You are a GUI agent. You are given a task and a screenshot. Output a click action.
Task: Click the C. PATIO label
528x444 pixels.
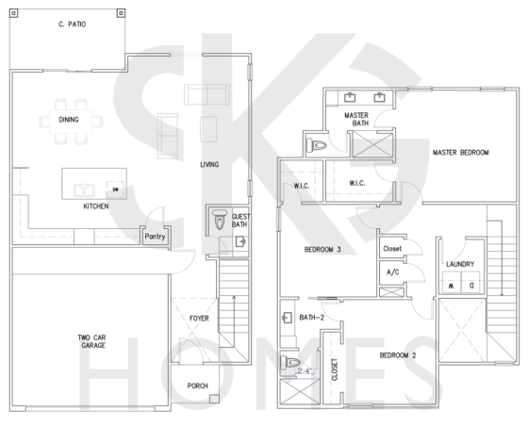click(72, 25)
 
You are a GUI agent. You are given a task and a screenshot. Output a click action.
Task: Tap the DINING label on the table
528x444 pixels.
click(69, 120)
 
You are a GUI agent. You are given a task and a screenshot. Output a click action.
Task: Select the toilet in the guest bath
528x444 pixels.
click(220, 219)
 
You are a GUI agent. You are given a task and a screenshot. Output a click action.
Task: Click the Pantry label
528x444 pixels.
click(155, 237)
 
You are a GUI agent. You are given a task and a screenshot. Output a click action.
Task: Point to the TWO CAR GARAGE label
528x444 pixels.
click(92, 341)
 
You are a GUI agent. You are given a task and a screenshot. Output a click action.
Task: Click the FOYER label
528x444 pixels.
click(199, 318)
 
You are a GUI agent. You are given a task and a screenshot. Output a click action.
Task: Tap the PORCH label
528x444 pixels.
click(197, 386)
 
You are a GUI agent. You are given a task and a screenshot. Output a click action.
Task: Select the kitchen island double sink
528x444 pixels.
click(84, 190)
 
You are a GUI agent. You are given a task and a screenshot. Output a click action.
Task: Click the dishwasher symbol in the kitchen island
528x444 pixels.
click(115, 189)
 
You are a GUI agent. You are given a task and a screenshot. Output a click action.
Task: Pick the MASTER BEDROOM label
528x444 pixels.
click(460, 153)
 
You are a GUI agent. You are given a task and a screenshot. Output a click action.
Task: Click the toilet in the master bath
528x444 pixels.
click(316, 145)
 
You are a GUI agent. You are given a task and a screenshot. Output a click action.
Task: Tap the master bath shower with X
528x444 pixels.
click(372, 145)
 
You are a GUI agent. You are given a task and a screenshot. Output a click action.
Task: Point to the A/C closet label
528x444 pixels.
click(392, 272)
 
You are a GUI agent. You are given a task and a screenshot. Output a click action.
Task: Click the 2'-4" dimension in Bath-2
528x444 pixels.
click(305, 371)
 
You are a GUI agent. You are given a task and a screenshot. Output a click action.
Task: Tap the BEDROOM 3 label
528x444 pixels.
click(322, 250)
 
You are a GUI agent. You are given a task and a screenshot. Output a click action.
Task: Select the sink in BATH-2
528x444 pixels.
click(287, 318)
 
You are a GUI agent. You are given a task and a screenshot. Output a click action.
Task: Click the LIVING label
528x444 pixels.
click(209, 165)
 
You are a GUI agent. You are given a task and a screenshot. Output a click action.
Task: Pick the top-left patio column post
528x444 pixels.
click(13, 13)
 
